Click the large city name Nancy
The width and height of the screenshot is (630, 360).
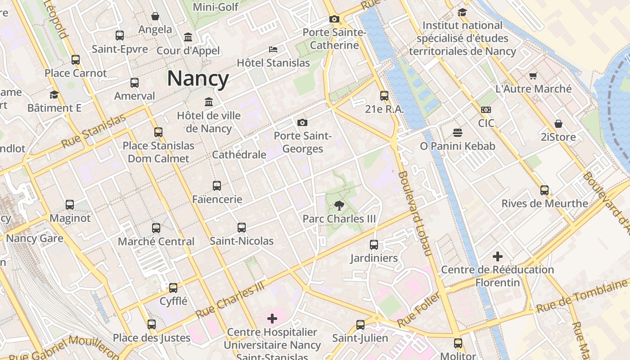click(x=198, y=78)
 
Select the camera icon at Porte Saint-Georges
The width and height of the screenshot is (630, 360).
click(x=302, y=122)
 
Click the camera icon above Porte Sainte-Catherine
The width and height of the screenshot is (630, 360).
click(x=334, y=19)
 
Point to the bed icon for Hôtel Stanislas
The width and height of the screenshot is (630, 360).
click(x=273, y=49)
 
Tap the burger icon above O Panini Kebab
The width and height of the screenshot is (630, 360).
click(x=458, y=133)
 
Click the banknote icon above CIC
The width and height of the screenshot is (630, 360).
click(x=486, y=109)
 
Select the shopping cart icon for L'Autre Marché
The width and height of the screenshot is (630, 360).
click(x=533, y=76)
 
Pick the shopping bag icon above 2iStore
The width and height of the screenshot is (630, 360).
click(x=558, y=123)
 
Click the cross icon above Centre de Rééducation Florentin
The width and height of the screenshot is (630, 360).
click(x=497, y=256)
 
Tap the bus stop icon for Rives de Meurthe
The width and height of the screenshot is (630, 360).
click(x=544, y=190)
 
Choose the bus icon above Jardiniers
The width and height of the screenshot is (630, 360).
click(x=374, y=244)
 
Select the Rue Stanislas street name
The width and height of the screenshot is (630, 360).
click(x=94, y=131)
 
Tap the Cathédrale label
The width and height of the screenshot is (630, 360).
click(x=239, y=155)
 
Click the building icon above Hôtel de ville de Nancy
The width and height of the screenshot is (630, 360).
click(x=209, y=102)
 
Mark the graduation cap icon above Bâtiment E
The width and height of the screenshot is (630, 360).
click(x=54, y=94)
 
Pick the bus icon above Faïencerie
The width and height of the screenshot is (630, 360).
click(x=217, y=185)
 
